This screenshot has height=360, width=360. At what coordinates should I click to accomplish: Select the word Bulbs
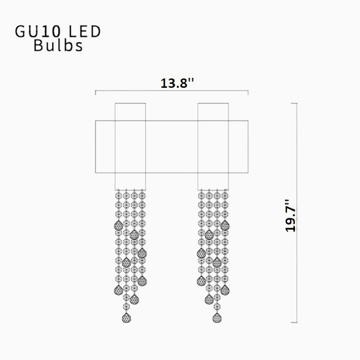[x=58, y=46]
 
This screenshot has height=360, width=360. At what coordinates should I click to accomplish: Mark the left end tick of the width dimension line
[x=96, y=92]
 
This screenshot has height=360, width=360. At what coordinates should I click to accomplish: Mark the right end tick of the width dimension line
[x=248, y=92]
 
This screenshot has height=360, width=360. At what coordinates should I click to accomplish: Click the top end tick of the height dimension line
[x=294, y=103]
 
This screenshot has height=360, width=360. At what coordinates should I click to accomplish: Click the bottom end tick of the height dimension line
[x=294, y=322]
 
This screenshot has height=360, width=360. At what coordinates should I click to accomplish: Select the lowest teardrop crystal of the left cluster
[x=126, y=318]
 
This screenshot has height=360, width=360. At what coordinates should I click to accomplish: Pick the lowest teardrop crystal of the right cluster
[x=217, y=318]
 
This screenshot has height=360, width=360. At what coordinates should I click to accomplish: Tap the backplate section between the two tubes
[x=172, y=147]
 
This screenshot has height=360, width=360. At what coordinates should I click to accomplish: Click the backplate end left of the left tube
[x=105, y=147]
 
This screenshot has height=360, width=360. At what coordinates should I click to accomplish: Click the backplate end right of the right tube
[x=238, y=147]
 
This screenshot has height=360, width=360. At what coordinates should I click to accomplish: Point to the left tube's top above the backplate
[x=130, y=112]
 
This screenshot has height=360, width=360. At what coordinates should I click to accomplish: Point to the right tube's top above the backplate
[x=213, y=112]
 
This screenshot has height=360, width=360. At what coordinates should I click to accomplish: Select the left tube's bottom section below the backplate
[x=130, y=181]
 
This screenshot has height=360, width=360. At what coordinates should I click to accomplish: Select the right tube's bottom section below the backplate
[x=213, y=181]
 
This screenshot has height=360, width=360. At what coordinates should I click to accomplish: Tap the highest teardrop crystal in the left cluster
[x=118, y=225]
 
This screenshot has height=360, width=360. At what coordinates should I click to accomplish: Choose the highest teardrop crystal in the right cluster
[x=225, y=225]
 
